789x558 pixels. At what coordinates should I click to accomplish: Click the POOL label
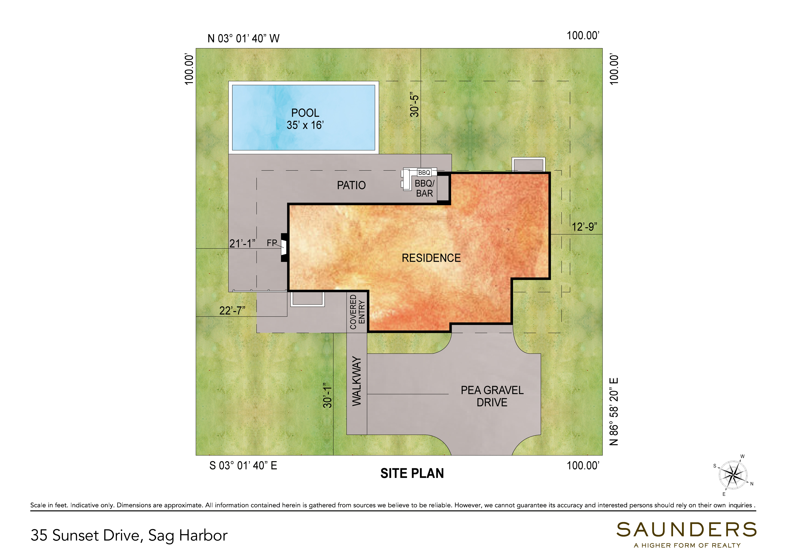pos(305,113)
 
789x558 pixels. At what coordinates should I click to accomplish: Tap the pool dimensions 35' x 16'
pos(305,125)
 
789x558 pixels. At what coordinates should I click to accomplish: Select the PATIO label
pos(351,186)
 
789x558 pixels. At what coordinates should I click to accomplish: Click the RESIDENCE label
pos(431,258)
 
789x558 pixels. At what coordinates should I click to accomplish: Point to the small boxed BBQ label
pos(424,173)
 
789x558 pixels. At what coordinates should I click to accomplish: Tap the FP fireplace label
pos(272,243)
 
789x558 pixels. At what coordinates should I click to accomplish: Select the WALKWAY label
pos(357,381)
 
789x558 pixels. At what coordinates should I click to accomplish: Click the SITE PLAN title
pos(412,473)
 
